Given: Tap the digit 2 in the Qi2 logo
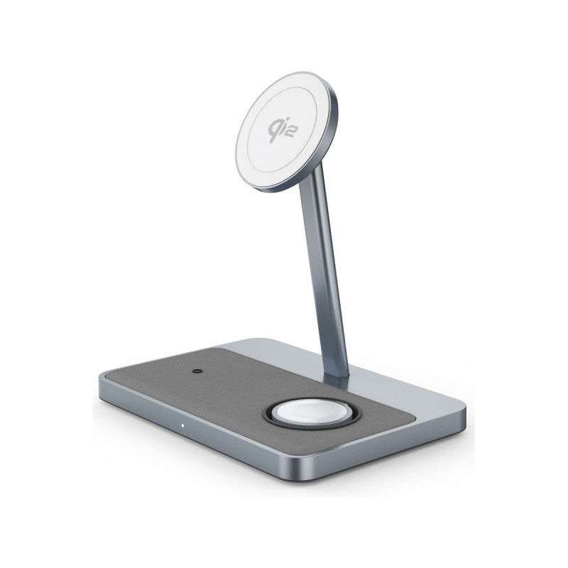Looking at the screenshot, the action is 288,133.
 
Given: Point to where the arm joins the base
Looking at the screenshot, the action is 336,378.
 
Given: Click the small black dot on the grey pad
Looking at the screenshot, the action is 197,371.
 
